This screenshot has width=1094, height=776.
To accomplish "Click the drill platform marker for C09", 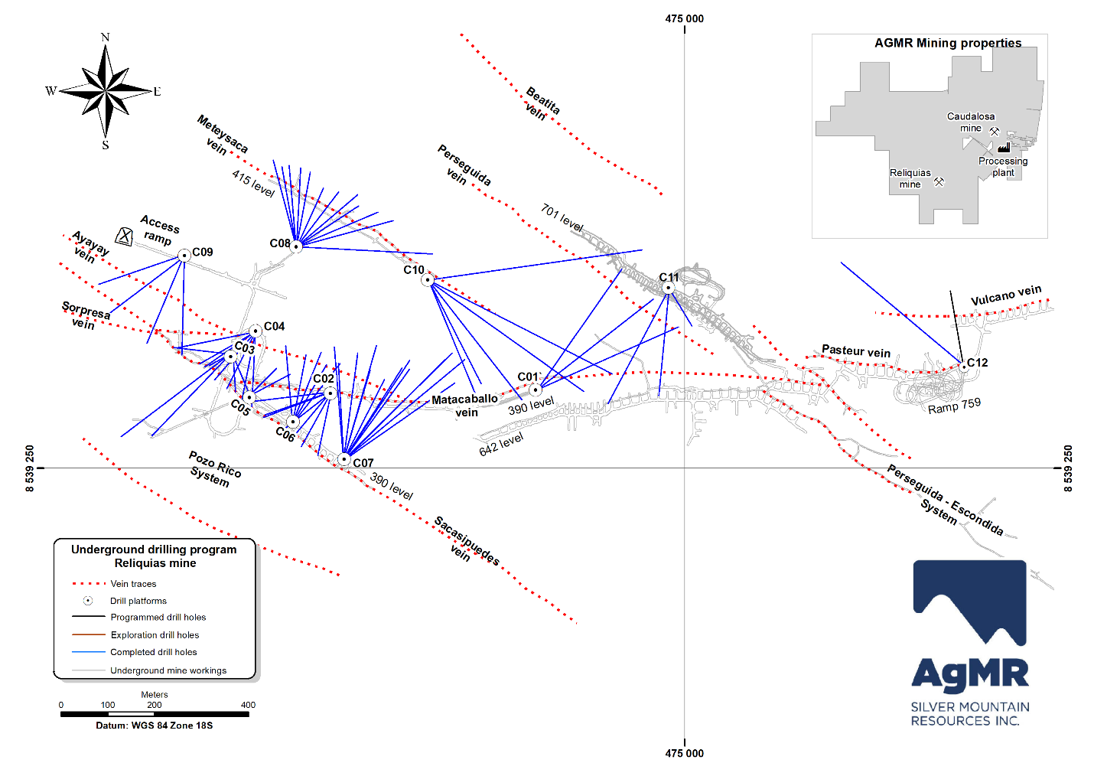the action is pos(184,256).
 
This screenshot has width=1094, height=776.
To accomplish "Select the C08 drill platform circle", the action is pos(297,246).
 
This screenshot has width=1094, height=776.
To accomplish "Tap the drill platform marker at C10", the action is pos(428,280).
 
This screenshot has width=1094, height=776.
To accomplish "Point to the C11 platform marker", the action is pos(668,289).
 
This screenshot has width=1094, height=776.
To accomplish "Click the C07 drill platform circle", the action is pos(344,459).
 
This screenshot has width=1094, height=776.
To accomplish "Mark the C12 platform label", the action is pos(977,363).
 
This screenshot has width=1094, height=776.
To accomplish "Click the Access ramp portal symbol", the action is pos(124,236).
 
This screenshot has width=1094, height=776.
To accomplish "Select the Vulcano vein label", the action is pos(1006,295).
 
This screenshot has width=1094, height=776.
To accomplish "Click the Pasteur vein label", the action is pos(856,351).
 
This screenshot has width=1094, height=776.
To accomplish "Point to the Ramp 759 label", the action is pos(954,406).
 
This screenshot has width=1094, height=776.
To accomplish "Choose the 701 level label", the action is pos(562,218).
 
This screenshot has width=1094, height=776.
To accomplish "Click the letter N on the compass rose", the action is pos(105,37).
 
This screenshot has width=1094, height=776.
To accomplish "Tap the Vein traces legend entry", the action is pos(133,584).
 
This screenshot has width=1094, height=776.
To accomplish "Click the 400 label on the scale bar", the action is pos(248,705).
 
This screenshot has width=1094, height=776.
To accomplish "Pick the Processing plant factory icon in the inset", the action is pos(1004,147).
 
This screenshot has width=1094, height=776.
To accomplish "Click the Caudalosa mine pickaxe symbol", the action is pos(995,132).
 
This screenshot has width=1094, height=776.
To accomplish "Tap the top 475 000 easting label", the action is pos(684,18).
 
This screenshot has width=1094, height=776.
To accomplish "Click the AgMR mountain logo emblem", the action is pos(969,602).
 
